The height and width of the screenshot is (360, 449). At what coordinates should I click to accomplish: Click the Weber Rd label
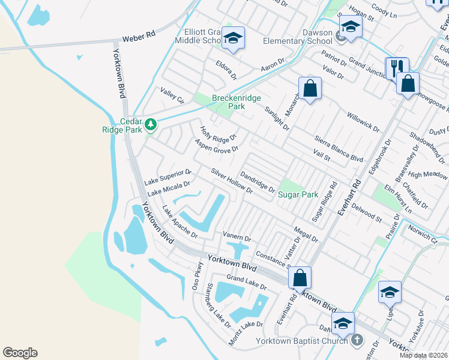tap(139, 36)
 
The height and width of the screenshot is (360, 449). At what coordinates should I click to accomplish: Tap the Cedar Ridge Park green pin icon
tap(151, 125)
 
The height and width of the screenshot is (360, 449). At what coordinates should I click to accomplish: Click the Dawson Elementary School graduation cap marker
tap(350, 27)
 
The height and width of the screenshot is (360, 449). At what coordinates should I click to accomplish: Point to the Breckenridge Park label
tap(229, 102)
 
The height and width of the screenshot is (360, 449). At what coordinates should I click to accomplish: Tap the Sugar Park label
tap(298, 194)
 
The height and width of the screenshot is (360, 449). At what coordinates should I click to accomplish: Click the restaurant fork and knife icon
tap(396, 67)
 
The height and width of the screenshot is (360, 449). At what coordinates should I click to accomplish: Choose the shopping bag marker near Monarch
tap(310, 89)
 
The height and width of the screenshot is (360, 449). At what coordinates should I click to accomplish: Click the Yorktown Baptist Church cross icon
tap(357, 340)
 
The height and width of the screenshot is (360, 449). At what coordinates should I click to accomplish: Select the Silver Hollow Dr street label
tap(232, 180)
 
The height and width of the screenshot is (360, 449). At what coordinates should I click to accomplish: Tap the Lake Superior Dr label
tap(167, 176)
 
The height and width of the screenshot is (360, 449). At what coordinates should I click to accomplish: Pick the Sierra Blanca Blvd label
tap(340, 151)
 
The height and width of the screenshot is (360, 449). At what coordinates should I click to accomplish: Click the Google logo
tap(20, 353)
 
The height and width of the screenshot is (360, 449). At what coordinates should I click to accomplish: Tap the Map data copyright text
tap(423, 355)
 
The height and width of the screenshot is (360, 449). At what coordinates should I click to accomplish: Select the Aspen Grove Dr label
tap(217, 145)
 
